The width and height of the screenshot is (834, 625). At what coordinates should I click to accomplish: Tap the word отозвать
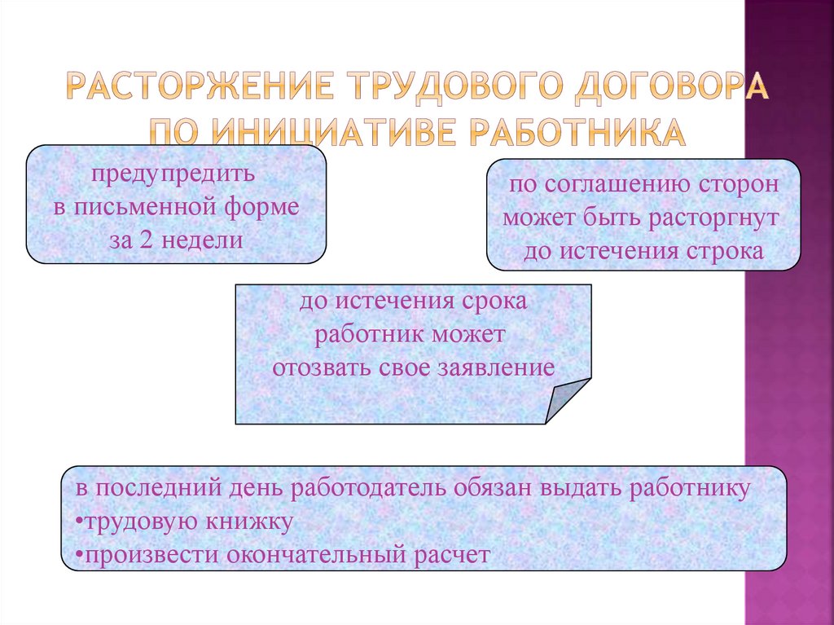(322, 367)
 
